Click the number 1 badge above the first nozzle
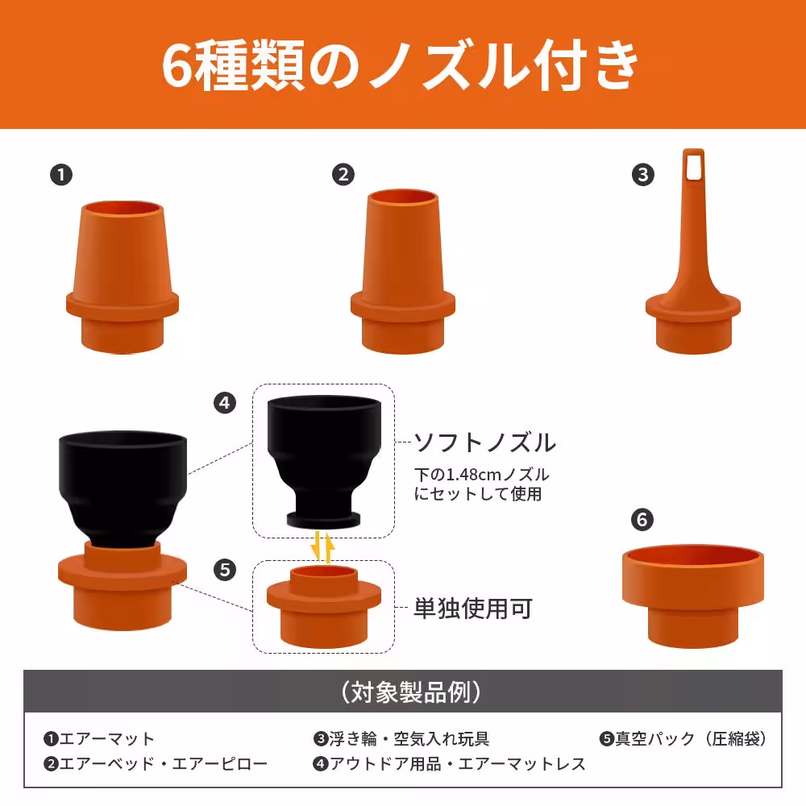point(60,174)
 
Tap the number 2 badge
point(343,174)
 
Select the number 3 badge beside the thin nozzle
point(642,175)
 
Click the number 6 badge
point(642,520)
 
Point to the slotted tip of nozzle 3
point(693,164)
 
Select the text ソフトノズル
point(484,442)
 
